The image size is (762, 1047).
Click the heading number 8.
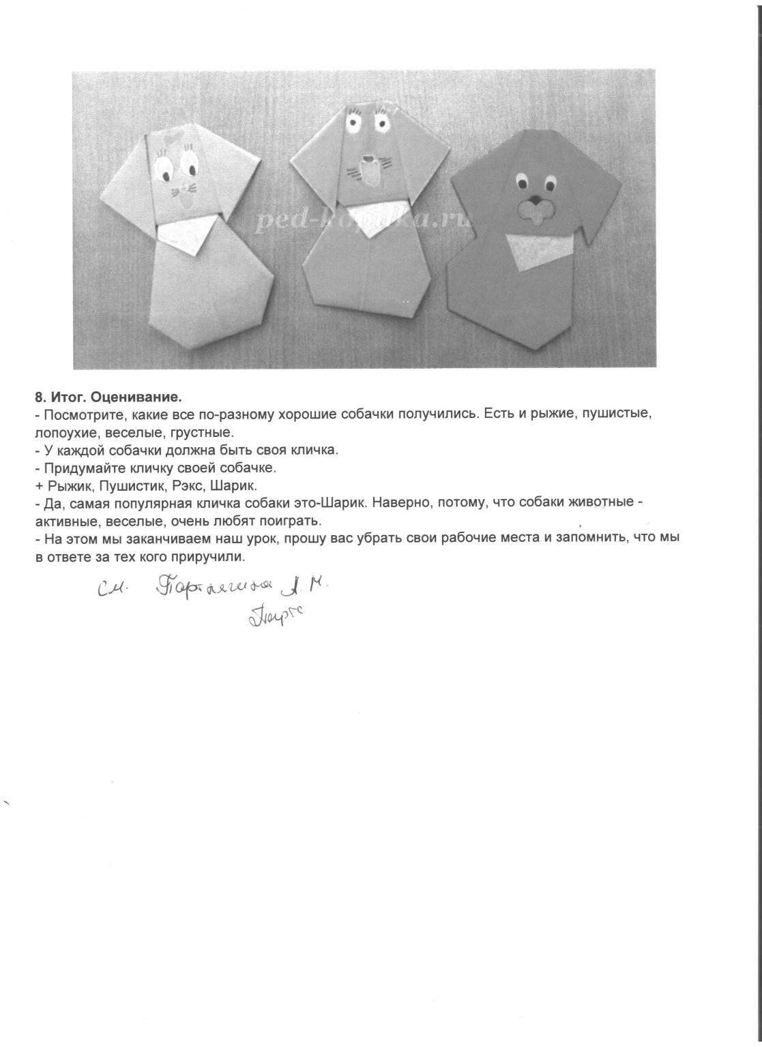coord(39,397)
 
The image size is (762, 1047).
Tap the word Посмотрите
coord(79,414)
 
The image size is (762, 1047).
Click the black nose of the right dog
coord(536,201)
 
